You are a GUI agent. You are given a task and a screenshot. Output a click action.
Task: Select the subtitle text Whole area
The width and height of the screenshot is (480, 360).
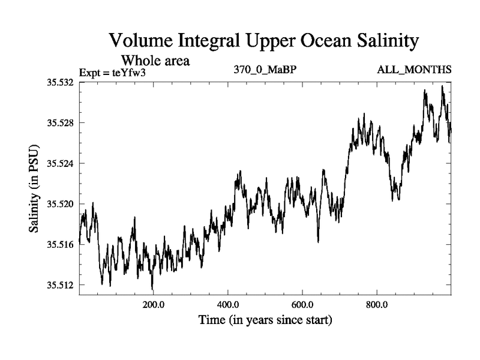click(155, 61)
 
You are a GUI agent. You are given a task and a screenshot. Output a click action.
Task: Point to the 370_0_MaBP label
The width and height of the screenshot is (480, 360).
click(265, 70)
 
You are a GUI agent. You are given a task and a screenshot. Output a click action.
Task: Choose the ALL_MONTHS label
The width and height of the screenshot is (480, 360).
click(414, 70)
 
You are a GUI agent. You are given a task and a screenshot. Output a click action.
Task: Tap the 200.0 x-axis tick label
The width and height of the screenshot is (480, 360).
click(154, 304)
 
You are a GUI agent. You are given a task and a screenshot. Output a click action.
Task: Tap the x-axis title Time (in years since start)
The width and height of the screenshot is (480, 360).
click(265, 320)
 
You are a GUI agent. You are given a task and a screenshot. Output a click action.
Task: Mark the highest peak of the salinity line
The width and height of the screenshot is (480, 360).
click(443, 86)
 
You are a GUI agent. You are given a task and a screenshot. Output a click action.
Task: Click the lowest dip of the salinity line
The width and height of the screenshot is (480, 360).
click(152, 289)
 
